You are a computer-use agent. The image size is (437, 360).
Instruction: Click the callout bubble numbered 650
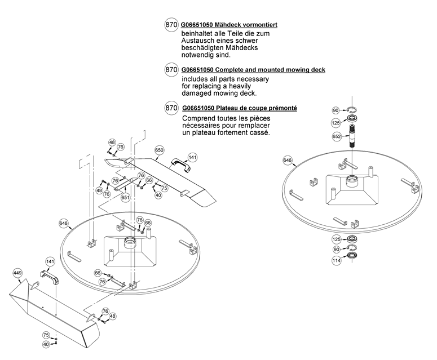click(x=159, y=150)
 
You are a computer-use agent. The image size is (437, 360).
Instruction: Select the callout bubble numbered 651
click(x=125, y=198)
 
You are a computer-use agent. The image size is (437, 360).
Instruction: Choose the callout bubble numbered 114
click(x=337, y=260)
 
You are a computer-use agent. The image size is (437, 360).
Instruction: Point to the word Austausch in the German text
click(x=198, y=42)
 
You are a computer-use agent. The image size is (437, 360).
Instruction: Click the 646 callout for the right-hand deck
click(x=288, y=161)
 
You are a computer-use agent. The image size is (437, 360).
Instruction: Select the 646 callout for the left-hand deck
click(x=64, y=224)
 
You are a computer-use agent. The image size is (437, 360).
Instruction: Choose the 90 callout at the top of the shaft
click(x=336, y=110)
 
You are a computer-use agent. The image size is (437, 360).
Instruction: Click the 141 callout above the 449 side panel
click(x=50, y=262)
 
